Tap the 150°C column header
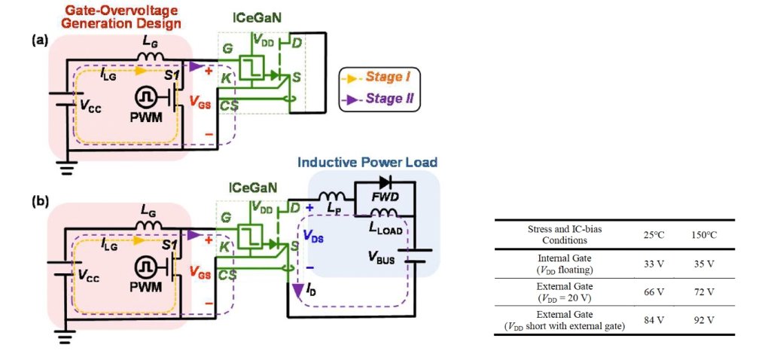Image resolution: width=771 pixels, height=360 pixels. pyautogui.click(x=702, y=235)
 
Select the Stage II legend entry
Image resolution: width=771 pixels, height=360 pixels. pyautogui.click(x=385, y=98)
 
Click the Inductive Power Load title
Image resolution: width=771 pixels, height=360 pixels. pyautogui.click(x=367, y=162)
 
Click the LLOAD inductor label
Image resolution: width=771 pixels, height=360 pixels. pyautogui.click(x=385, y=227)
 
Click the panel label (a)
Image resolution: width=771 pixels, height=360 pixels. pyautogui.click(x=39, y=41)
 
